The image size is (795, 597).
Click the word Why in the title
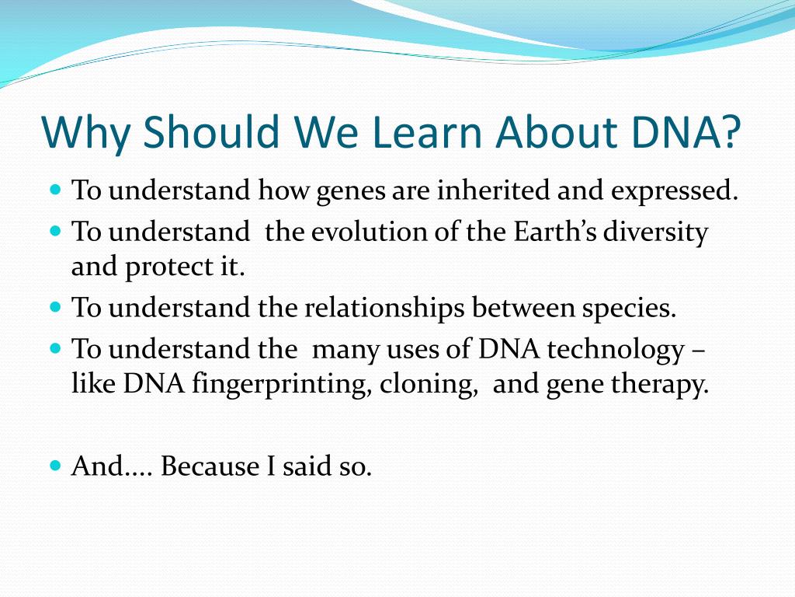[x=85, y=132]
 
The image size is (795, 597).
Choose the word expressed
[x=675, y=191]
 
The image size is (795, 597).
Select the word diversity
[x=655, y=232]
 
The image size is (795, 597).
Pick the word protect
[x=168, y=267]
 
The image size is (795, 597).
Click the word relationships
[x=384, y=309]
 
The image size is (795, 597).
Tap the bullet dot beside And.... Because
[x=56, y=465]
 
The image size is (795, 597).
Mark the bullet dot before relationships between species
[x=56, y=307]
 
